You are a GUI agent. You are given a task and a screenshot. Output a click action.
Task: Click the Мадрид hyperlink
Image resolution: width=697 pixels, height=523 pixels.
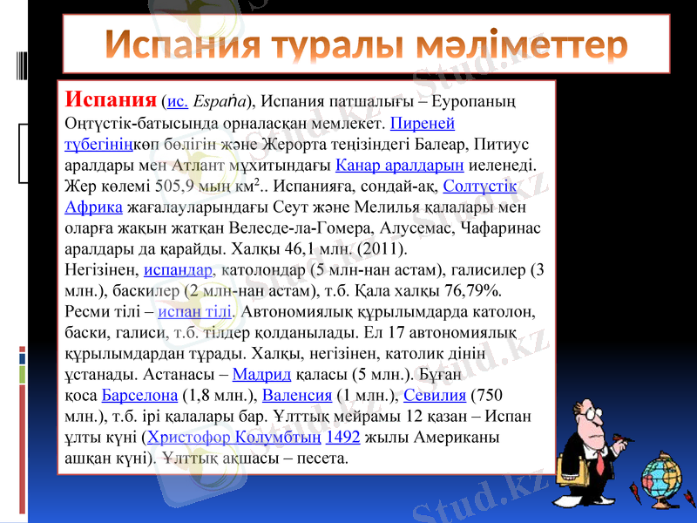pos(262,374)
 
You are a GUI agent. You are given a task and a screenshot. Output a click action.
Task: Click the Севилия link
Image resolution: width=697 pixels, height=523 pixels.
pos(436,395)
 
